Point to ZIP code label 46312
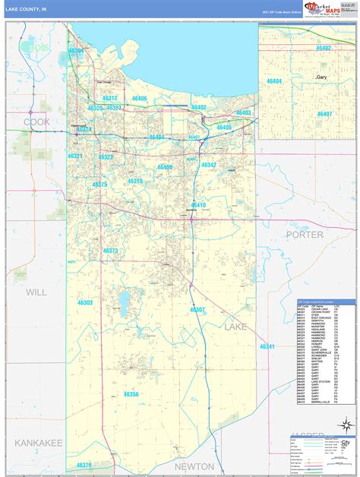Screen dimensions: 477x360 click(109, 99)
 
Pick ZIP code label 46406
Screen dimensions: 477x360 click(139, 99)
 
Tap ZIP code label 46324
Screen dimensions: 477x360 click(83, 129)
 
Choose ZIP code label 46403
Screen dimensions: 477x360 click(243, 112)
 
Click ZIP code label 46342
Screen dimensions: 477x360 click(208, 165)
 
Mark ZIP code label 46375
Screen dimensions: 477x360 click(99, 185)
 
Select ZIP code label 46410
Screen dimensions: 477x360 click(197, 205)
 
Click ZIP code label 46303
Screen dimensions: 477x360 click(84, 302)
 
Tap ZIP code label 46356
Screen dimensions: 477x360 click(131, 395)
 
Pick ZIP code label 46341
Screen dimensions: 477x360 click(267, 346)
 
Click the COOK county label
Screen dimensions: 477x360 click(36, 122)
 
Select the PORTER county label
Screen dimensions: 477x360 click(304, 235)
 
